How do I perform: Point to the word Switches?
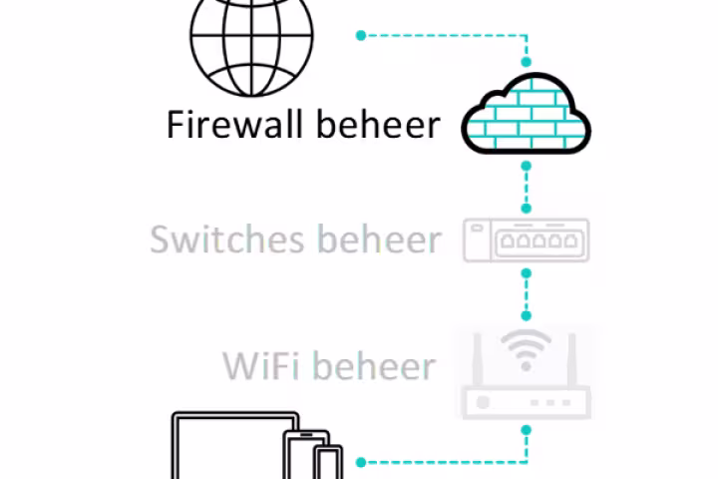227,239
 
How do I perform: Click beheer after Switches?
378,239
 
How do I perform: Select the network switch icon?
526,240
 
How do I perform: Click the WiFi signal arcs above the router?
526,348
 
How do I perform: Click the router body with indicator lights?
526,401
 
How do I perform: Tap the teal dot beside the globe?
361,35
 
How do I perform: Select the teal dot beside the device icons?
361,462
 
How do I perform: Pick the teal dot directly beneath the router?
526,430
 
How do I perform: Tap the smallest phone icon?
327,464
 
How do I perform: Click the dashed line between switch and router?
526,288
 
